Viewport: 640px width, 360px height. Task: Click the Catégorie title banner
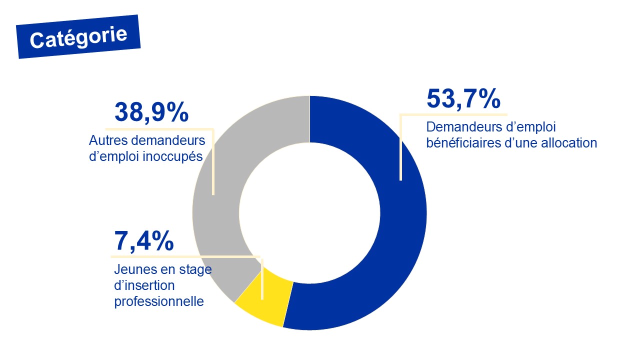pos(78,37)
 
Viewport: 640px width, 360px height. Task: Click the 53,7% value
pos(463,98)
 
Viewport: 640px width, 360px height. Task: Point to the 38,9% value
pos(151,112)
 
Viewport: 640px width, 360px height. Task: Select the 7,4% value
pos(144,241)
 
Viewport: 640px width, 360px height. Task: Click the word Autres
pos(103,140)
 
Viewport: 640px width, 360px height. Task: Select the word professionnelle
pos(159,301)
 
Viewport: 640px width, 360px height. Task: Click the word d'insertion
pos(144,285)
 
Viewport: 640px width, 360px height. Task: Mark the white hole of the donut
pos(309,212)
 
